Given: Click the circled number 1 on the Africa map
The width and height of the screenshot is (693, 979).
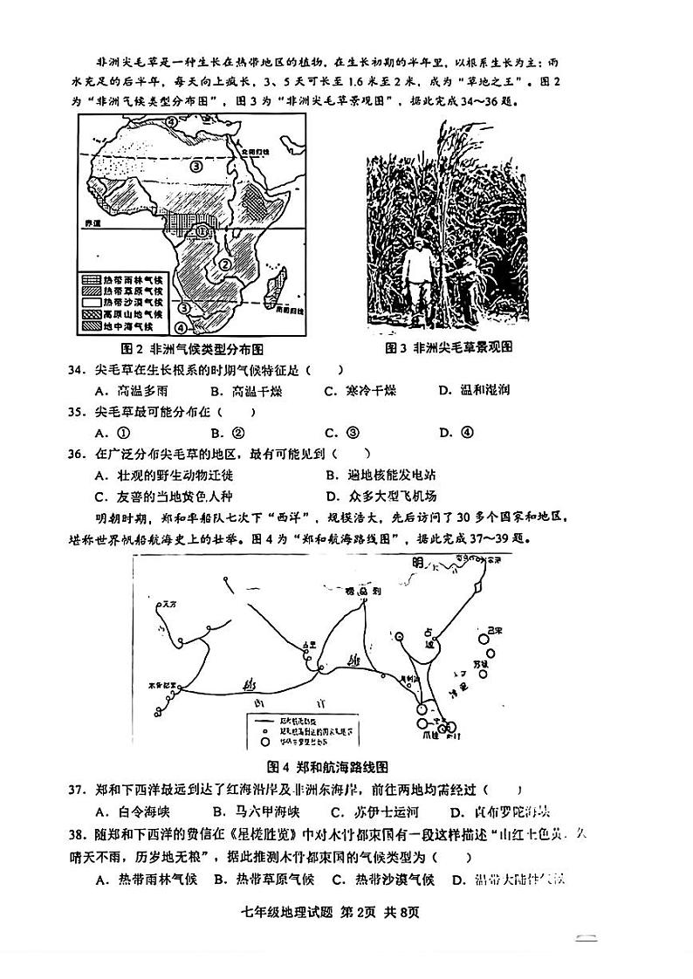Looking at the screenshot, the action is click(x=202, y=231).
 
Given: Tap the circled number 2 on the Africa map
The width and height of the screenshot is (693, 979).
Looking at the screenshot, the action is click(x=224, y=264).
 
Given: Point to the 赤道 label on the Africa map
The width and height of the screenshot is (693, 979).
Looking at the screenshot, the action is click(x=93, y=224).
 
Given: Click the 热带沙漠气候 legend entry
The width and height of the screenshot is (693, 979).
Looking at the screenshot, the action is click(x=134, y=302).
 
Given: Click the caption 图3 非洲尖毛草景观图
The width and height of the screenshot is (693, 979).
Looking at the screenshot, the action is click(x=449, y=347).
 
